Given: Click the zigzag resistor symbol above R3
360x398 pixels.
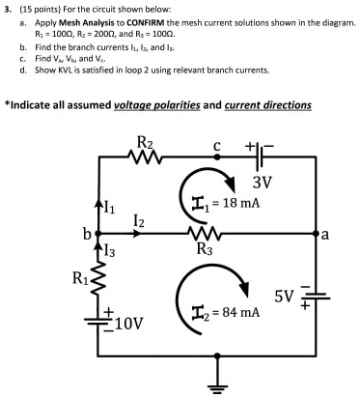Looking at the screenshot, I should click(x=205, y=233).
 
